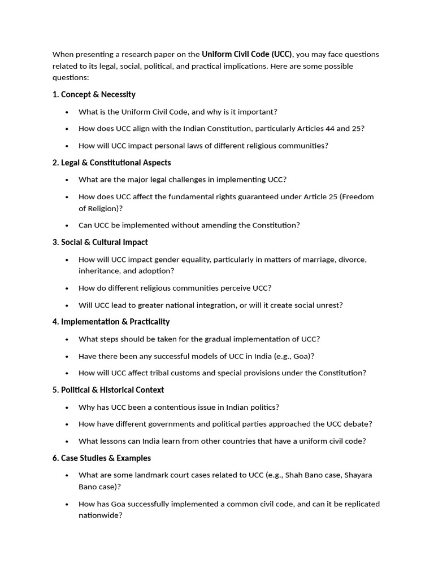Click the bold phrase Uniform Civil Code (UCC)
tap(247, 54)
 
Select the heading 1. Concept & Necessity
tap(94, 94)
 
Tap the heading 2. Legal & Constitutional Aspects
tap(111, 163)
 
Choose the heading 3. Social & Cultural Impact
tap(100, 242)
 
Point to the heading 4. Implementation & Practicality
tap(111, 322)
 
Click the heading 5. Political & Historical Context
tap(108, 390)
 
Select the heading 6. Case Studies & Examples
tap(102, 458)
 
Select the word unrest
tap(331, 305)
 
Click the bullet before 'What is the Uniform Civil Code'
tap(67, 112)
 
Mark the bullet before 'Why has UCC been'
tap(67, 408)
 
